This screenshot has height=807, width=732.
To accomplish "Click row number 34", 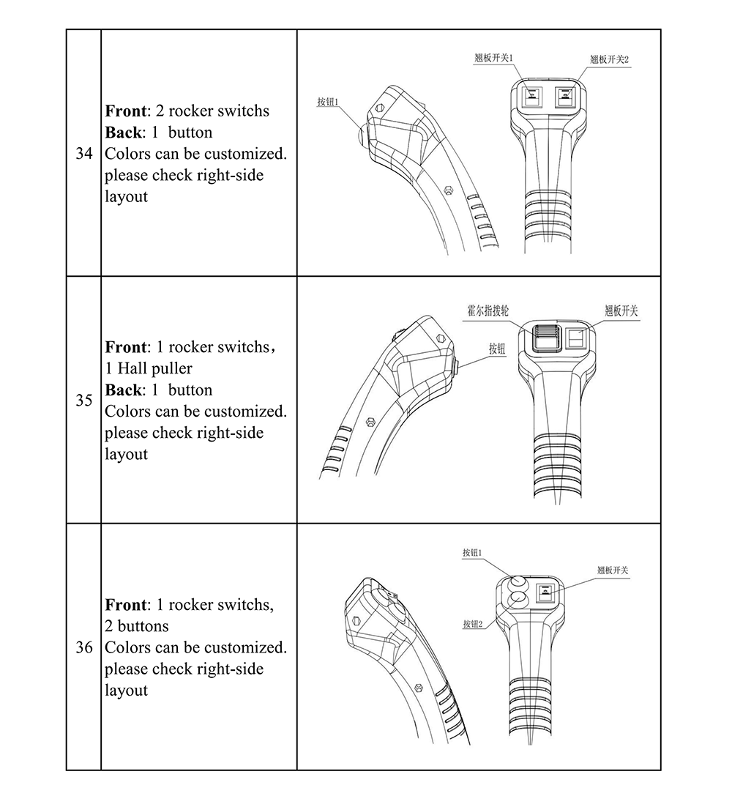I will pyautogui.click(x=84, y=154).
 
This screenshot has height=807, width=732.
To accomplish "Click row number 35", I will pyautogui.click(x=84, y=401).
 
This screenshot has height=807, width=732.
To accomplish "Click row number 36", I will pyautogui.click(x=84, y=647).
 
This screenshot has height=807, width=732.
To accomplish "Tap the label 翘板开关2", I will pyautogui.click(x=610, y=59).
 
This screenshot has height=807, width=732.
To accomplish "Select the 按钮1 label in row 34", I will pyautogui.click(x=328, y=102).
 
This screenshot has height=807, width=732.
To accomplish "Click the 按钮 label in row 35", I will pyautogui.click(x=497, y=349).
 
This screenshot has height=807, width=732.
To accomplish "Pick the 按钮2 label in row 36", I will pyautogui.click(x=473, y=624).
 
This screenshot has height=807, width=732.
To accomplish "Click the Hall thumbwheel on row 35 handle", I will pyautogui.click(x=543, y=338).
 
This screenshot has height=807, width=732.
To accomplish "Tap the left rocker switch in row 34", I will pyautogui.click(x=532, y=95).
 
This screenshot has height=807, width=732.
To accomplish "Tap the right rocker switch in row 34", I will pyautogui.click(x=565, y=95).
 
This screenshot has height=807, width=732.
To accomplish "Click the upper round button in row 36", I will pyautogui.click(x=518, y=582).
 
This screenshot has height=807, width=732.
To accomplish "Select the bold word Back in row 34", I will pyautogui.click(x=122, y=133).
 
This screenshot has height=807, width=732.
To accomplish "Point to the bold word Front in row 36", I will pyautogui.click(x=126, y=605).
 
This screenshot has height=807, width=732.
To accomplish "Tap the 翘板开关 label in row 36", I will pyautogui.click(x=613, y=570).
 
